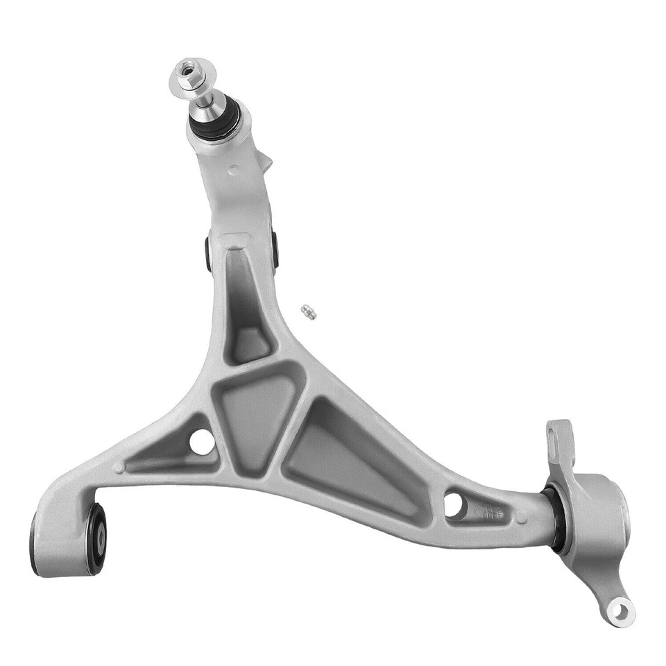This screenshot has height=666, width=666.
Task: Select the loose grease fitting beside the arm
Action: [x=309, y=312]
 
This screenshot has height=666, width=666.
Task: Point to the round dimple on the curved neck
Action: [x=234, y=169]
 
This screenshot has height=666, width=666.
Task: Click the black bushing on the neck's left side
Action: [x=208, y=253]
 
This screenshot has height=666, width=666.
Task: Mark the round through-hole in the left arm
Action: [x=201, y=442]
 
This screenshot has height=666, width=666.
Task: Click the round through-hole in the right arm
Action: [x=454, y=504]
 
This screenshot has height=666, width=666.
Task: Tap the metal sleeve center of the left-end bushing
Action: [x=101, y=536]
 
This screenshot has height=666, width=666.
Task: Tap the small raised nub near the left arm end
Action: [x=119, y=467]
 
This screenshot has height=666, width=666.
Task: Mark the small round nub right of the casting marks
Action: [x=521, y=516]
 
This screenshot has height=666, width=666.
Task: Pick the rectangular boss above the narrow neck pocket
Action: [x=234, y=241]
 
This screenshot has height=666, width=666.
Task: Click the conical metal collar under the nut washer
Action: [x=203, y=97]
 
